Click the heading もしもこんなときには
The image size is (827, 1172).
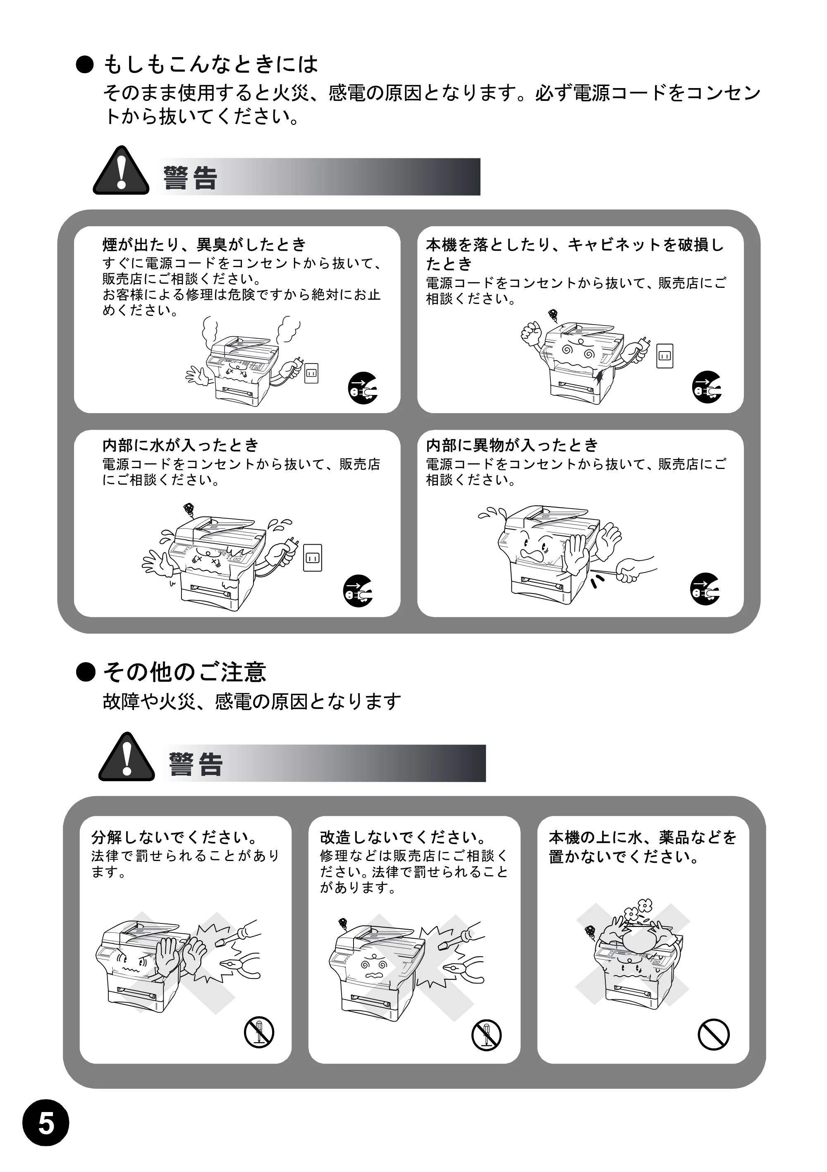(x=210, y=65)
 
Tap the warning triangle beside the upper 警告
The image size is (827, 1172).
(x=121, y=170)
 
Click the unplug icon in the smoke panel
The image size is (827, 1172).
(x=363, y=388)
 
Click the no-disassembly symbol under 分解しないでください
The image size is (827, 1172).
(x=259, y=1032)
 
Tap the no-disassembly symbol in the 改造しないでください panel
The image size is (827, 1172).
(x=487, y=1035)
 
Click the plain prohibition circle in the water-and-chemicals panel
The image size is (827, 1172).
(x=713, y=1035)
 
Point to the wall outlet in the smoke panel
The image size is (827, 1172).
(x=311, y=373)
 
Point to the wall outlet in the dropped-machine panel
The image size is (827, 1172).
(x=664, y=356)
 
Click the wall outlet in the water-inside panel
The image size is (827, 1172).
(x=313, y=557)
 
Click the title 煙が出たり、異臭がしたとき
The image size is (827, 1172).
(x=204, y=244)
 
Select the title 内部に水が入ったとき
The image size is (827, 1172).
(x=181, y=445)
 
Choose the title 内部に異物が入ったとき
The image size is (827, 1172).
(x=512, y=445)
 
